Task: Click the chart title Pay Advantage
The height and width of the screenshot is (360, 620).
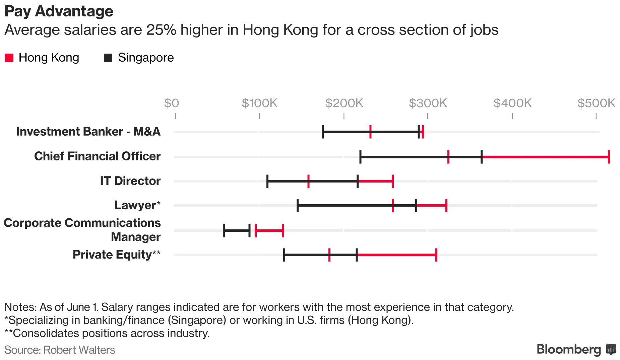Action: [x=59, y=11]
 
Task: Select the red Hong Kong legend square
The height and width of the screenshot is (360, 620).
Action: [x=9, y=58]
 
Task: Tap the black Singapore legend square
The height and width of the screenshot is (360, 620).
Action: [x=108, y=58]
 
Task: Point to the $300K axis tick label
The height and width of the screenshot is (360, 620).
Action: [x=428, y=103]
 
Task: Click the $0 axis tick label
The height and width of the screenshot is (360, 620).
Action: [x=172, y=103]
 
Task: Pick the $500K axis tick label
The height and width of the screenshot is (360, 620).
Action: [x=596, y=103]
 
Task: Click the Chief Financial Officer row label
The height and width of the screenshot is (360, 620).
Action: [x=97, y=156]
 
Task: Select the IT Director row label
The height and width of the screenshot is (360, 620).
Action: [x=130, y=181]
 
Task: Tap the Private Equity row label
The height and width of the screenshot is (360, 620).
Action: [x=116, y=255]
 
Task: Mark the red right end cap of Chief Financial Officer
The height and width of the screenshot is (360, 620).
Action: [x=609, y=157]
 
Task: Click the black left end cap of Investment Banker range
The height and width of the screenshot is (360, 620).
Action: [x=322, y=132]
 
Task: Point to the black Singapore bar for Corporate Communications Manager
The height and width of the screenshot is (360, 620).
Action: [x=237, y=230]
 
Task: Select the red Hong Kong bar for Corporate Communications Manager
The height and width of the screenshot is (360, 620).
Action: [x=269, y=230]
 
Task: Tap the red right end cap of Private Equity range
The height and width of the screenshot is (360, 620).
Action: [x=436, y=255]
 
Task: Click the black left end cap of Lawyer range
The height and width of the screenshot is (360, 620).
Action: [x=298, y=205]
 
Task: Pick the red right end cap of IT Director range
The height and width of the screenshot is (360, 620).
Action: [x=392, y=181]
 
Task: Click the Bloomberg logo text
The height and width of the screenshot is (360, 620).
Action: [x=569, y=349]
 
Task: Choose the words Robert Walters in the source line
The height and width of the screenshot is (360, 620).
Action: [x=79, y=350]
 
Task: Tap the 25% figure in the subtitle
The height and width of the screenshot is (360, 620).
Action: [x=161, y=30]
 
